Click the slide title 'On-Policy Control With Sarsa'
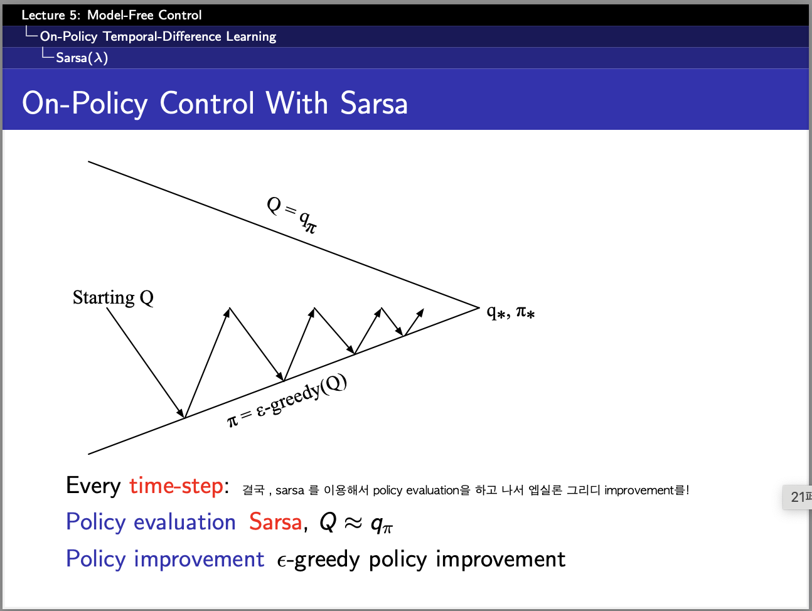[x=215, y=104]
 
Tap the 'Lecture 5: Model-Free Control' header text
[x=111, y=15]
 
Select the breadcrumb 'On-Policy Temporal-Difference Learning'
[x=158, y=36]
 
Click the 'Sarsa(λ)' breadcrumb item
[x=82, y=58]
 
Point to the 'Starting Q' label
[x=113, y=297]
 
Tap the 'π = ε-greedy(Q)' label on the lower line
[x=287, y=401]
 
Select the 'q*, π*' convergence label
[x=511, y=312]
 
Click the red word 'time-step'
[x=176, y=486]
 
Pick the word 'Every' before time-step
[x=93, y=486]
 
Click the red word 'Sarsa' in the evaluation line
[x=275, y=522]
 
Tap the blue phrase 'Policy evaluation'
[x=151, y=523]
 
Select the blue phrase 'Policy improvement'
[x=165, y=559]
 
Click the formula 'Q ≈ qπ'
[x=356, y=523]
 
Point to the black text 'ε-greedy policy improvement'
[x=421, y=560]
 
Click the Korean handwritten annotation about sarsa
[x=466, y=491]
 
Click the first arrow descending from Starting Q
[x=146, y=363]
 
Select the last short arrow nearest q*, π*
[x=414, y=322]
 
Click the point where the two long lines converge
[x=479, y=307]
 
